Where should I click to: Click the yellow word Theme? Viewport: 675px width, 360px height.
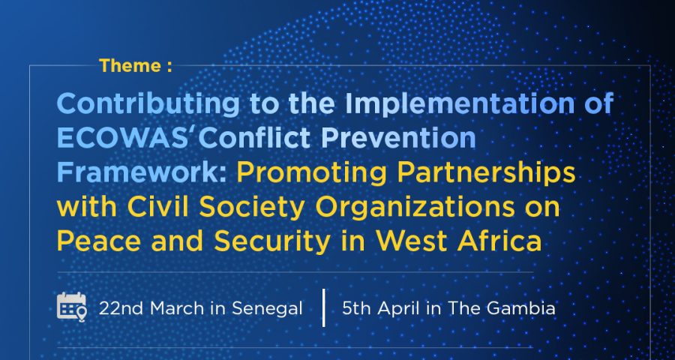click(x=130, y=66)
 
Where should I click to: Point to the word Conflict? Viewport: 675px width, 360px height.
click(x=254, y=139)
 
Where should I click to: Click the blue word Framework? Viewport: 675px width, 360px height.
click(x=142, y=172)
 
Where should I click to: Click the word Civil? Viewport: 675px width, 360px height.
click(x=157, y=207)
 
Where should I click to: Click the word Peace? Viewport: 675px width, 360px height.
click(x=98, y=241)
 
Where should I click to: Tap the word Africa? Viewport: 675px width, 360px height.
click(x=499, y=241)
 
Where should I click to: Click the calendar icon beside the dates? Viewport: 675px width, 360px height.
click(x=72, y=307)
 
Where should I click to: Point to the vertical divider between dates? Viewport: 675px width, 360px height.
click(x=324, y=307)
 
